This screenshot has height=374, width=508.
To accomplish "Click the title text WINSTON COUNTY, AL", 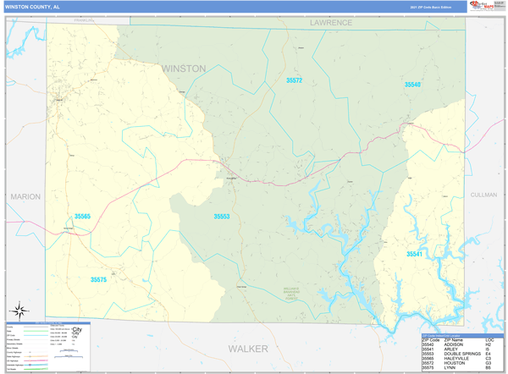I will pyautogui.click(x=33, y=6).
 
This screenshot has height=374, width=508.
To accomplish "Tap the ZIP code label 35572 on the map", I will pyautogui.click(x=294, y=80).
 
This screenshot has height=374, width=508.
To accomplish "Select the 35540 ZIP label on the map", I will pyautogui.click(x=412, y=85).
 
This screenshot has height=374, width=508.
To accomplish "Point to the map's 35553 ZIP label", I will pyautogui.click(x=222, y=217).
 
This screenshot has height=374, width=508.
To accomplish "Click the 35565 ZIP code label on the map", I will pyautogui.click(x=82, y=217).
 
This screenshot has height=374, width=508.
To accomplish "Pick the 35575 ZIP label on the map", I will pyautogui.click(x=99, y=279).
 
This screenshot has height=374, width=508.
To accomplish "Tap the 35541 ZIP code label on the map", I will pyautogui.click(x=414, y=254).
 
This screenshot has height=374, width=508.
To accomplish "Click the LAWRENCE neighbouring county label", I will pyautogui.click(x=330, y=23).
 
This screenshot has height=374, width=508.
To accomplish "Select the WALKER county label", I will pyautogui.click(x=248, y=348).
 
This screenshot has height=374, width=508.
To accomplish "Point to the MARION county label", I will pyautogui.click(x=25, y=196).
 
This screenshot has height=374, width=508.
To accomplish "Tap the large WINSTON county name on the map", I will pyautogui.click(x=183, y=68).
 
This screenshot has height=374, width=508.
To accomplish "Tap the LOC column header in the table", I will pyautogui.click(x=489, y=339).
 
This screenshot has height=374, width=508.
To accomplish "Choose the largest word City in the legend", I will pyautogui.click(x=77, y=329).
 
